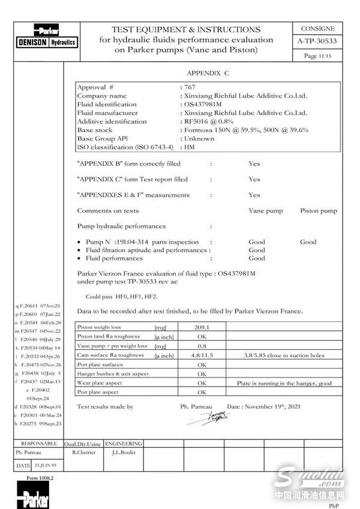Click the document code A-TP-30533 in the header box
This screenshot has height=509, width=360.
coord(317,41)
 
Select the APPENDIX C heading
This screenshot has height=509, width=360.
coord(208,73)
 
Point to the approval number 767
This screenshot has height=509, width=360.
coord(190,87)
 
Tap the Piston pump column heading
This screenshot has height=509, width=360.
coord(318,211)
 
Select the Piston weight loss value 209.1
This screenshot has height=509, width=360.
coord(202,328)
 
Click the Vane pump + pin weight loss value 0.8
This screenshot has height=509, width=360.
coord(202,346)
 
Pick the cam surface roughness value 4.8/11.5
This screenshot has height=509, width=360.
coord(202,355)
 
